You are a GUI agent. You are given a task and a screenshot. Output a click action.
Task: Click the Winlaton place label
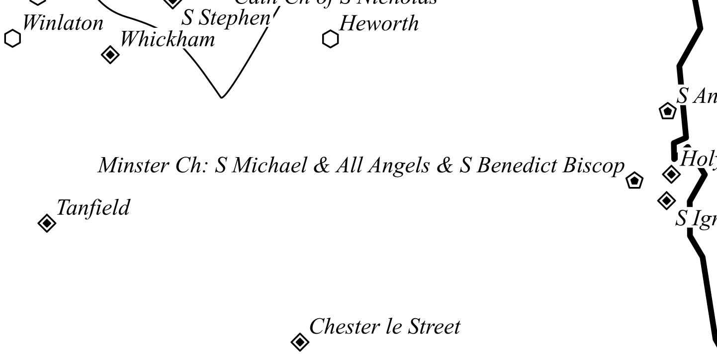click(x=63, y=23)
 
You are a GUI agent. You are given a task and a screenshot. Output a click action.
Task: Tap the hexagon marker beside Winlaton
click(x=13, y=38)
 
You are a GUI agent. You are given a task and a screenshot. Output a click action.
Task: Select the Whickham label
click(x=168, y=39)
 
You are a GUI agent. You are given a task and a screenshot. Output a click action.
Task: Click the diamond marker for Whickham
click(x=110, y=55)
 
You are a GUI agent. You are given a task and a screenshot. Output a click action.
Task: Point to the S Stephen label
click(x=225, y=19)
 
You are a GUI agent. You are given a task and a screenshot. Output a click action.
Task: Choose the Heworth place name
click(x=379, y=23)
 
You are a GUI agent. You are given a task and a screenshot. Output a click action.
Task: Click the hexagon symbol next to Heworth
click(x=330, y=39)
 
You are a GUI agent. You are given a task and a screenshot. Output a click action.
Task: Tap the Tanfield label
click(x=93, y=208)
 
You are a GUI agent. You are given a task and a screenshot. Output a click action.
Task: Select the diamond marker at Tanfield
click(x=47, y=223)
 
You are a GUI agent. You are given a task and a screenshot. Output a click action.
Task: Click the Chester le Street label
click(x=384, y=327)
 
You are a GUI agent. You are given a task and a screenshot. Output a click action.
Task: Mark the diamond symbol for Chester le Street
click(x=299, y=342)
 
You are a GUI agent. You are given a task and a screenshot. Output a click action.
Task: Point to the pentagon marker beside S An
click(x=667, y=111)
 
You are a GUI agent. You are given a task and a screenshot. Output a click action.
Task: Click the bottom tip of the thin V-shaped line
click(x=222, y=96)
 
